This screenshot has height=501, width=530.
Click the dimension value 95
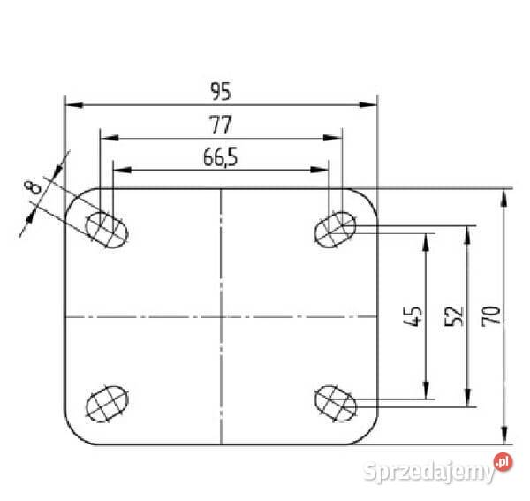coord(221,91)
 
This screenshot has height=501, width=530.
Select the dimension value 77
coord(220,125)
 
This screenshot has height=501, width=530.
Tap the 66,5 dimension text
coord(220,157)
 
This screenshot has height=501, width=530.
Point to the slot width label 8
coord(34,187)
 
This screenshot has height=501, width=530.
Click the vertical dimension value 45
coord(413,316)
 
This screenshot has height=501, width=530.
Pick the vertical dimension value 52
coord(454,316)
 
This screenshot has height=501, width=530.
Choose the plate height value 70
coord(491,316)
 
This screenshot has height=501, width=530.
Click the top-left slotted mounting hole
coord(108,230)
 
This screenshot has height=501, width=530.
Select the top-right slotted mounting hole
coord(336,230)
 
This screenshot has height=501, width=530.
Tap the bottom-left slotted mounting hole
coord(108,404)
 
